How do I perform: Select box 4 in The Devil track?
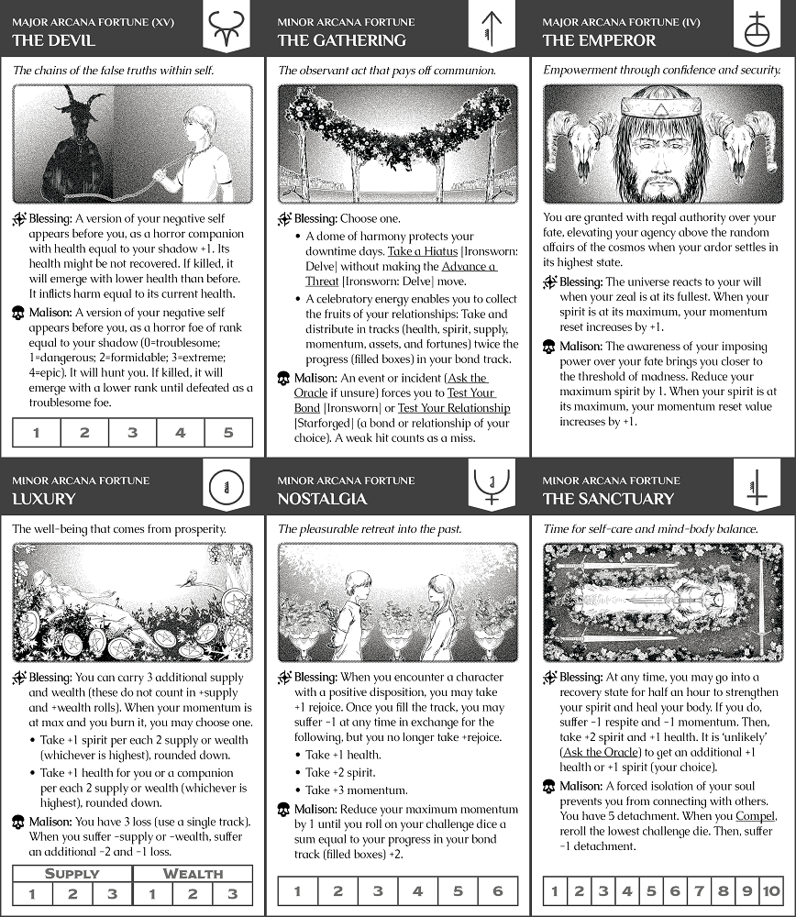tap(181, 433)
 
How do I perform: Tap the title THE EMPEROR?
tap(599, 40)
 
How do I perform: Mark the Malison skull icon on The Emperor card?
tap(548, 347)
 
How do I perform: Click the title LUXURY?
tap(44, 499)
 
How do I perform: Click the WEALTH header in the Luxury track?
tap(193, 874)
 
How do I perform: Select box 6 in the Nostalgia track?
tap(498, 891)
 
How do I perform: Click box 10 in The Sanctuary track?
tap(770, 891)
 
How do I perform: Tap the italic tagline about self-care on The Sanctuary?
tap(650, 529)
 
